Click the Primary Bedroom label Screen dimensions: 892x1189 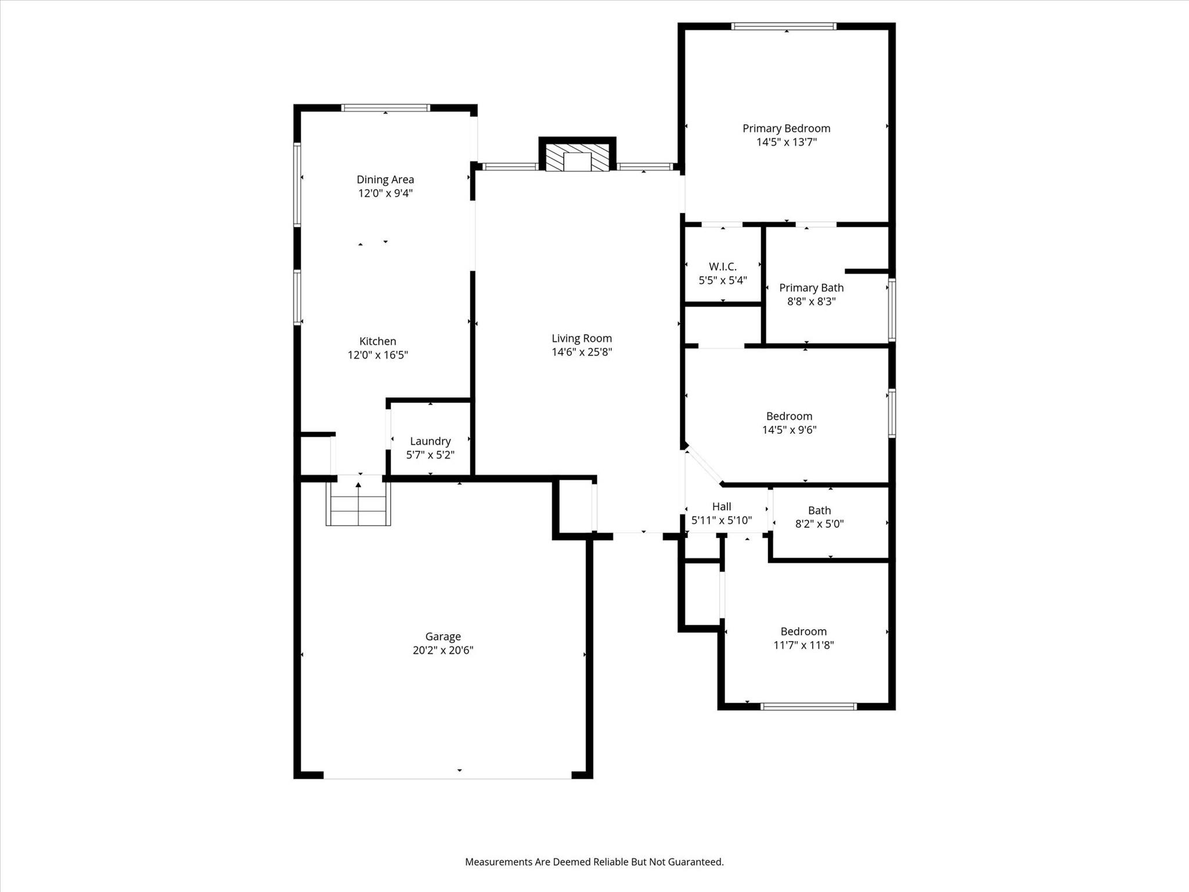786,128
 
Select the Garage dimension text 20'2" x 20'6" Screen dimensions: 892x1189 443,650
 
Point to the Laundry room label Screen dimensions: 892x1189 430,441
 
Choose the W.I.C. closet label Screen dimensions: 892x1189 723,267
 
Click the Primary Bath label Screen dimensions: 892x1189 811,288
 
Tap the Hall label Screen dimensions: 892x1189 722,507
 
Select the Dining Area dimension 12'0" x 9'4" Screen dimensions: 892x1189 385,193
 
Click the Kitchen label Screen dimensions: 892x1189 378,341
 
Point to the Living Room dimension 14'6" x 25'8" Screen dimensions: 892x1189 582,352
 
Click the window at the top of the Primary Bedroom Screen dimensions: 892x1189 784,26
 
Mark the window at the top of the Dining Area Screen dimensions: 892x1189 385,108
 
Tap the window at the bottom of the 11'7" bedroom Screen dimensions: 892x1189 809,706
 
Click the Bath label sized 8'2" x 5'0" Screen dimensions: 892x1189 819,510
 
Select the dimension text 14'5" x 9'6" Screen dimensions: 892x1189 789,430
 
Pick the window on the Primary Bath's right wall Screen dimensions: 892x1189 892,310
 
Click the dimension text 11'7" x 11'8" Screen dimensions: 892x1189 804,645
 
